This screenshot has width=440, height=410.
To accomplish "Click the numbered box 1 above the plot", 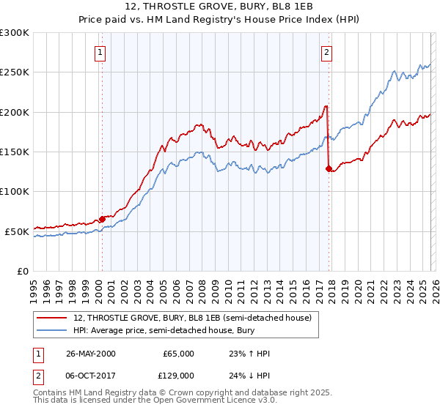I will pyautogui.click(x=100, y=51).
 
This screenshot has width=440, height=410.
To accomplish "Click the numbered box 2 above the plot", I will pyautogui.click(x=326, y=51).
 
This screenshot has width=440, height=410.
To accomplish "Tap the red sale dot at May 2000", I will pyautogui.click(x=102, y=219).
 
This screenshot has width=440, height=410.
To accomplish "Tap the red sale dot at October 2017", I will pyautogui.click(x=328, y=168).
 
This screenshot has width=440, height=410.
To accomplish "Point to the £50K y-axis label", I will pyautogui.click(x=17, y=231).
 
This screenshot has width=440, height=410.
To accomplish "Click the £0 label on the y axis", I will pyautogui.click(x=22, y=271).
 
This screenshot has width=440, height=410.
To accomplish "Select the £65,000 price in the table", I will pyautogui.click(x=178, y=354).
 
